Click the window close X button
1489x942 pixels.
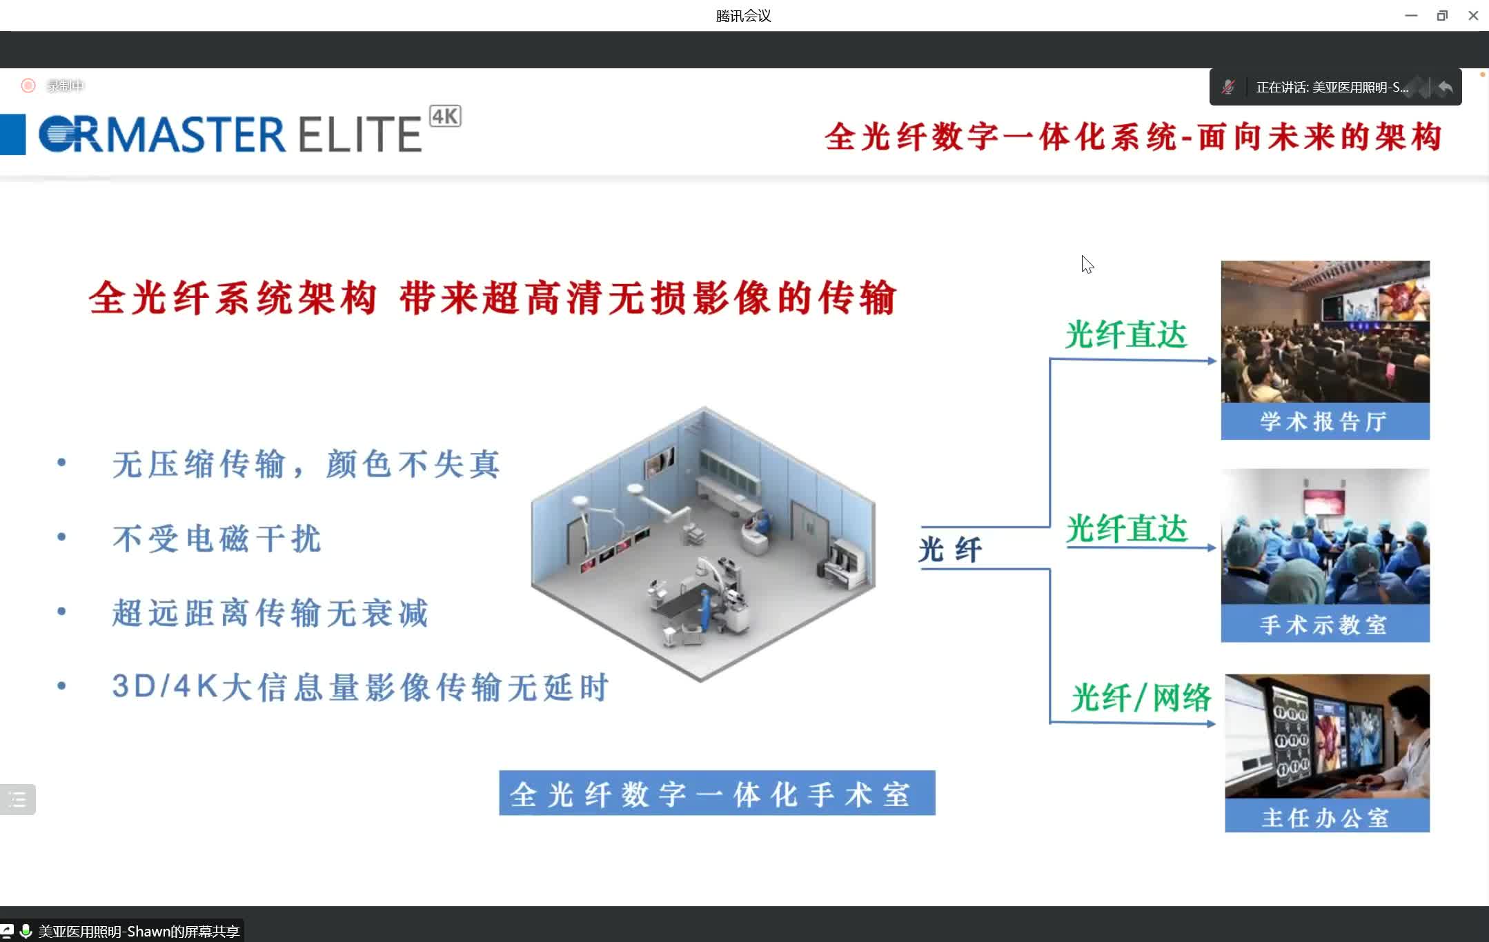tap(1473, 15)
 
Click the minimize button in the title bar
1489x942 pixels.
tap(1411, 15)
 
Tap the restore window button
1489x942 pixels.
tap(1442, 15)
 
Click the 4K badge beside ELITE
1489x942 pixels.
tap(445, 116)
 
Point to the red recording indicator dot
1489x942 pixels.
tap(28, 86)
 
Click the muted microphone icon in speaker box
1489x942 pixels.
tap(1228, 87)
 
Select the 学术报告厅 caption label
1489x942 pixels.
tap(1325, 421)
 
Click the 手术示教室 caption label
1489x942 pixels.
tap(1325, 624)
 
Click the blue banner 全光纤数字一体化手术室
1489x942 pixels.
tap(717, 793)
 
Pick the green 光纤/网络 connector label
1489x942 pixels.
tap(1141, 697)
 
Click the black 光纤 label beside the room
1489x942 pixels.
tap(950, 550)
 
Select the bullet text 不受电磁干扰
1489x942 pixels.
tap(217, 539)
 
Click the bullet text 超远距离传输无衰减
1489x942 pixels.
tap(270, 613)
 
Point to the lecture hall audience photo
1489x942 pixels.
tap(1325, 332)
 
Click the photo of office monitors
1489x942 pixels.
tap(1327, 736)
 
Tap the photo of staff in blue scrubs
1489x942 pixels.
tap(1325, 537)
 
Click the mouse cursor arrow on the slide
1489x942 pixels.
tap(1087, 264)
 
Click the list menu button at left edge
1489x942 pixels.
tap(17, 800)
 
